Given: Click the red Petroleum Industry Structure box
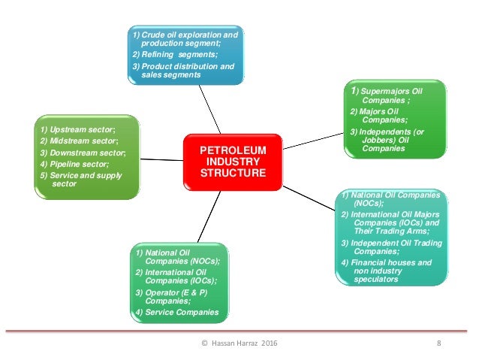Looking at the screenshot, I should point(233,162).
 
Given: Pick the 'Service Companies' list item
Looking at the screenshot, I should point(177,312).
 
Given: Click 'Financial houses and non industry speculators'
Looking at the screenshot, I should point(387,271).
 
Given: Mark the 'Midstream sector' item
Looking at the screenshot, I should point(80,141).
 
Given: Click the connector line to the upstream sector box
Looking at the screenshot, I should point(161,159).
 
